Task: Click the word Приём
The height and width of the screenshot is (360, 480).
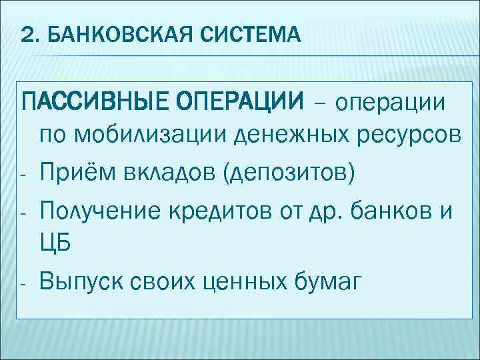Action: tap(71, 172)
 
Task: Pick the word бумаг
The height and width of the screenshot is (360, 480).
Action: tap(329, 281)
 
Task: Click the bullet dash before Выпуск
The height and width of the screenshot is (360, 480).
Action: tap(21, 283)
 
